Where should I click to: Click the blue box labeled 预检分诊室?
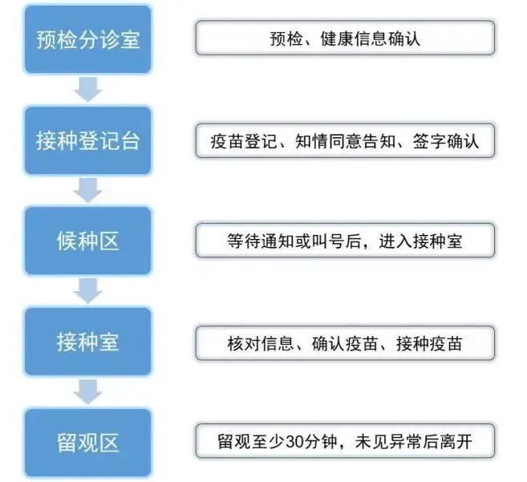pyautogui.click(x=87, y=39)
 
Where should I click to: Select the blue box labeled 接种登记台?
pyautogui.click(x=87, y=140)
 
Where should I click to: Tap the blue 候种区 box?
pyautogui.click(x=87, y=241)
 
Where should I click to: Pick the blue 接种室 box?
pyautogui.click(x=87, y=342)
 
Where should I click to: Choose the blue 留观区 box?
pyautogui.click(x=87, y=443)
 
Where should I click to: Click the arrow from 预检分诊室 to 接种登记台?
pyautogui.click(x=88, y=89)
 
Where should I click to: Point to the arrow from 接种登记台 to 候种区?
pyautogui.click(x=88, y=190)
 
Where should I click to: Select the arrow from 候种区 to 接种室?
pyautogui.click(x=88, y=290)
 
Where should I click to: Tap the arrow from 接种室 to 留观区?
pyautogui.click(x=88, y=391)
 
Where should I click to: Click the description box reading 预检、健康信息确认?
pyautogui.click(x=345, y=38)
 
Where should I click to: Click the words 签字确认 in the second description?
pyautogui.click(x=446, y=141)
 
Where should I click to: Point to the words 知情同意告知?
pyautogui.click(x=346, y=141)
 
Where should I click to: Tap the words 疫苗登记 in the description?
pyautogui.click(x=244, y=141)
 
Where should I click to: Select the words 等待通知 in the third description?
pyautogui.click(x=261, y=241)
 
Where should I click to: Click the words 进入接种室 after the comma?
pyautogui.click(x=421, y=241)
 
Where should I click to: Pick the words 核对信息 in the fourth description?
pyautogui.click(x=261, y=343)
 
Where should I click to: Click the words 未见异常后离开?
pyautogui.click(x=414, y=442)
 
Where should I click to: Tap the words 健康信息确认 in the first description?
pyautogui.click(x=371, y=38)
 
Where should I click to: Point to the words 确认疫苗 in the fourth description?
pyautogui.click(x=345, y=343)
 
